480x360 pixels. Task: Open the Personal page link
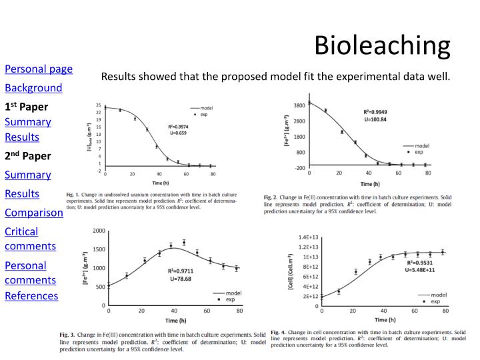point(39,69)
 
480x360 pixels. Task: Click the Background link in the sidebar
point(33,88)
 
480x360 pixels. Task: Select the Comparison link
point(34,213)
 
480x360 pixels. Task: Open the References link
point(31,295)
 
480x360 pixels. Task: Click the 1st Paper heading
point(27,107)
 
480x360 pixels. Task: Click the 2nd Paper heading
point(27,156)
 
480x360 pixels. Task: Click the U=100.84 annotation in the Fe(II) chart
point(376,120)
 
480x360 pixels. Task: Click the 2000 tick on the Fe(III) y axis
point(99,231)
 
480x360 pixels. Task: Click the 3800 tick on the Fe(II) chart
point(299,105)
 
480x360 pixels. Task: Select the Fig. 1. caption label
point(73,194)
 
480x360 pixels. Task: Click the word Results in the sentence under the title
point(119,77)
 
